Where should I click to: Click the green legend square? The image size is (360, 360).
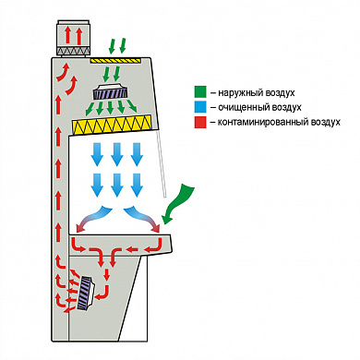click(200, 92)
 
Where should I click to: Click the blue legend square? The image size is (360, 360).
click(200, 107)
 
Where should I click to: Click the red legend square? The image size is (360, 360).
click(200, 122)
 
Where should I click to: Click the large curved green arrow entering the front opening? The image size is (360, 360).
click(177, 203)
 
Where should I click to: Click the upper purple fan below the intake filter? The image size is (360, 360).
click(110, 91)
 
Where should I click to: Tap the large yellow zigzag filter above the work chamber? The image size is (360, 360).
click(112, 125)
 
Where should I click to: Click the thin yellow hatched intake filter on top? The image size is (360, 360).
click(115, 61)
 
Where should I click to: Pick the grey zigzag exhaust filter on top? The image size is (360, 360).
click(73, 51)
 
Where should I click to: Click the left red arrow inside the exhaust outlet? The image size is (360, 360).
click(67, 35)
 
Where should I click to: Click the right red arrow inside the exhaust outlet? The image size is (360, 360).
click(79, 35)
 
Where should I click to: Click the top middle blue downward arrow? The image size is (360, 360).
click(117, 154)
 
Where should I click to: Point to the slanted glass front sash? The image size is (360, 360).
click(162, 163)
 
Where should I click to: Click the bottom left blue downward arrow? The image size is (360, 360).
click(98, 185)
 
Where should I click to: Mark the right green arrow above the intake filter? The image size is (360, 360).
click(123, 45)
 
